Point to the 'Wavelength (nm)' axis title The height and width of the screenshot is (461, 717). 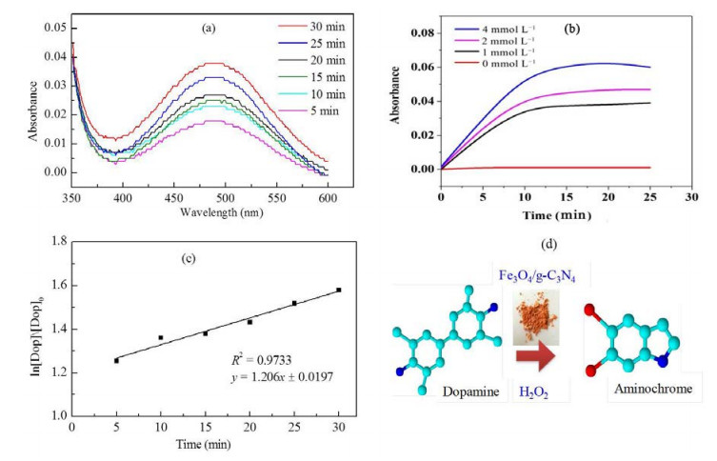coord(221,212)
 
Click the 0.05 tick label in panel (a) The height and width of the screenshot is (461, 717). coord(55,28)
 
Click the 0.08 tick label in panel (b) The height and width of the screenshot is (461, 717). coord(423,33)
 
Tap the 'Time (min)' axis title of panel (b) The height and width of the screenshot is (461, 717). coord(556,215)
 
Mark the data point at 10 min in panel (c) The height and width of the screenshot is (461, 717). coord(161,337)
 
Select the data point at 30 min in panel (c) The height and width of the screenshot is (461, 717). coord(339,290)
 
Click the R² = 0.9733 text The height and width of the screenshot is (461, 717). coord(261,360)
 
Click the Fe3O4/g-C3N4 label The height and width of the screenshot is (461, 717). coord(536,276)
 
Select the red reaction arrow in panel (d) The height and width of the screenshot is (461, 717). coord(535,357)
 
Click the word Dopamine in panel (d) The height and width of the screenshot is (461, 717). coord(470,391)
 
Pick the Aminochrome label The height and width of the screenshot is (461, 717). coord(653,390)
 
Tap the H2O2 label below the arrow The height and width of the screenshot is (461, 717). coord(533,392)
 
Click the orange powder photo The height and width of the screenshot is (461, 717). coord(536,316)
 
